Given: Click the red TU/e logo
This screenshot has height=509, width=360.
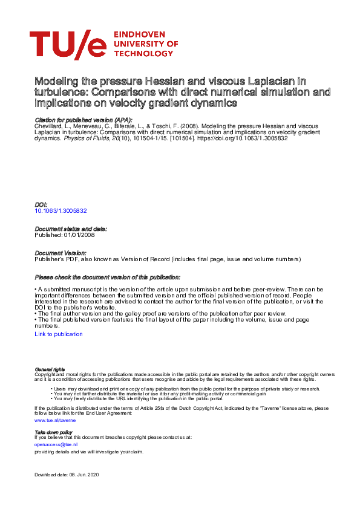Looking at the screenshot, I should [x=67, y=45].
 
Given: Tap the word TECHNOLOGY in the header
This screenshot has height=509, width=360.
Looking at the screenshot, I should [x=143, y=53].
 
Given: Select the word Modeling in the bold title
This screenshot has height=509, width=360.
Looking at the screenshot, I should [x=56, y=81].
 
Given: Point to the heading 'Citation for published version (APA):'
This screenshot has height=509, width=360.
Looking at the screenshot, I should [x=75, y=122].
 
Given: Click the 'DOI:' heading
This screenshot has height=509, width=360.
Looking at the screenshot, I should [x=41, y=206].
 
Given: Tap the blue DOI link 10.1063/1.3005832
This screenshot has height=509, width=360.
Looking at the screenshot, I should [x=61, y=211].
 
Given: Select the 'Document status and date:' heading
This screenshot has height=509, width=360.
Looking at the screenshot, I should [x=70, y=229].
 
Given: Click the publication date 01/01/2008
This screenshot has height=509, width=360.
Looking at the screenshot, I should [x=77, y=235].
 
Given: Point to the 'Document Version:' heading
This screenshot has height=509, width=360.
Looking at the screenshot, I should [x=60, y=253].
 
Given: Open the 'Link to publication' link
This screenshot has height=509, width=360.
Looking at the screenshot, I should [x=59, y=334].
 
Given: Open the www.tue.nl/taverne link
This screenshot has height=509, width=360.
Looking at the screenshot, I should [x=55, y=419].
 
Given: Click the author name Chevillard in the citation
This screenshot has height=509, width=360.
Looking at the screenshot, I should [x=48, y=127].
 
